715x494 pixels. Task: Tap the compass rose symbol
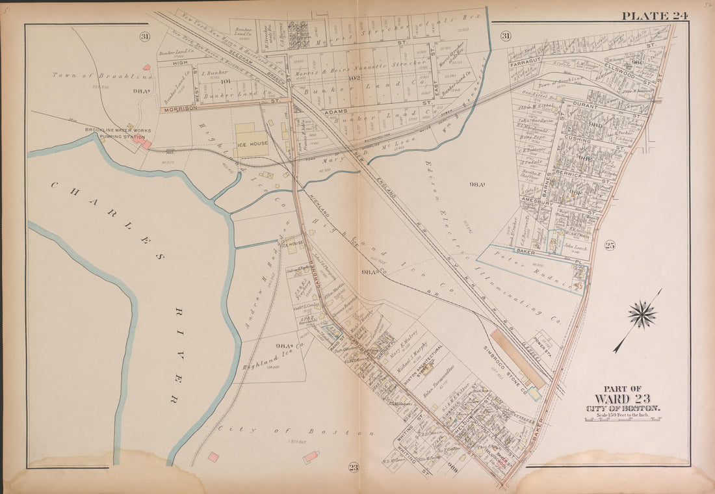(642, 315)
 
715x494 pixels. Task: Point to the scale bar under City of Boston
(622, 419)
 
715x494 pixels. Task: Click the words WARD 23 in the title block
(622, 398)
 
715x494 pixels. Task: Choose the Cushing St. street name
(577, 140)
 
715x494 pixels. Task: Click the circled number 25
(609, 245)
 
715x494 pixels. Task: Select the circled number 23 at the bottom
(353, 467)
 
